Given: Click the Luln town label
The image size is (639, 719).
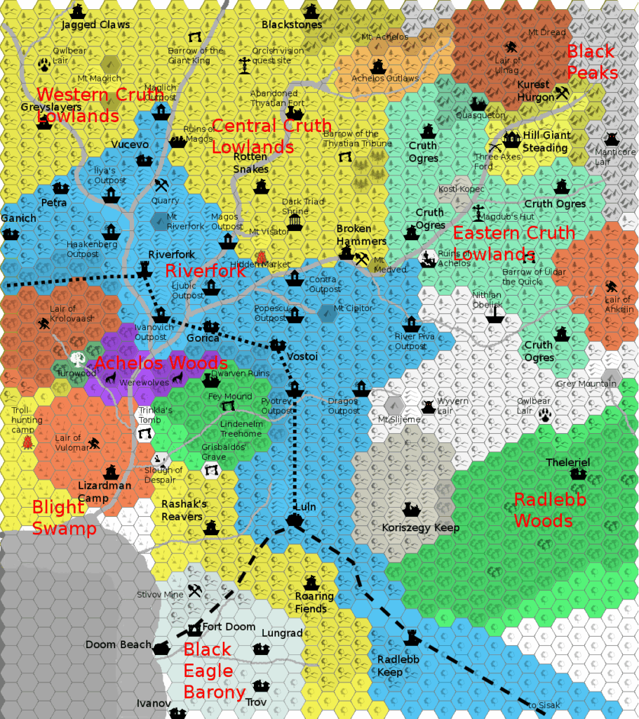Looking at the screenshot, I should coord(306,507).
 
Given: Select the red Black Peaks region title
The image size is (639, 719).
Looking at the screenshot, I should coord(591,62).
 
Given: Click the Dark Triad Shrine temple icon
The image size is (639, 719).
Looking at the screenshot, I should coord(295,222).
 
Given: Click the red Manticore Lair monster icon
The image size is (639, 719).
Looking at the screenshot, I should coord(612,138).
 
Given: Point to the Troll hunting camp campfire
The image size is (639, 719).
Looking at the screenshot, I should coord(27,442).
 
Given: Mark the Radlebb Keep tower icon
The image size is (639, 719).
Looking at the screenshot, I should coord(412,637).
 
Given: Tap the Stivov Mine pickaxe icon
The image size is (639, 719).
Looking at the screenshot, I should coord(195,591).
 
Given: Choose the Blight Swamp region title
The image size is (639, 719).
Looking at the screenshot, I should coord(64,517).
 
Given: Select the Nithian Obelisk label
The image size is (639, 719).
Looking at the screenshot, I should coord(487,299).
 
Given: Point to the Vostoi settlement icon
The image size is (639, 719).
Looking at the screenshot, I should coord(278,345).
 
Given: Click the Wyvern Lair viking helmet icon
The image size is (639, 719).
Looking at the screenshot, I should coord(427,406).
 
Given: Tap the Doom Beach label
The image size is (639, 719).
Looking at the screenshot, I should coord(118,645).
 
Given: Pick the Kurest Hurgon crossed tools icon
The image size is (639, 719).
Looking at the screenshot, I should coord(561,92).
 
